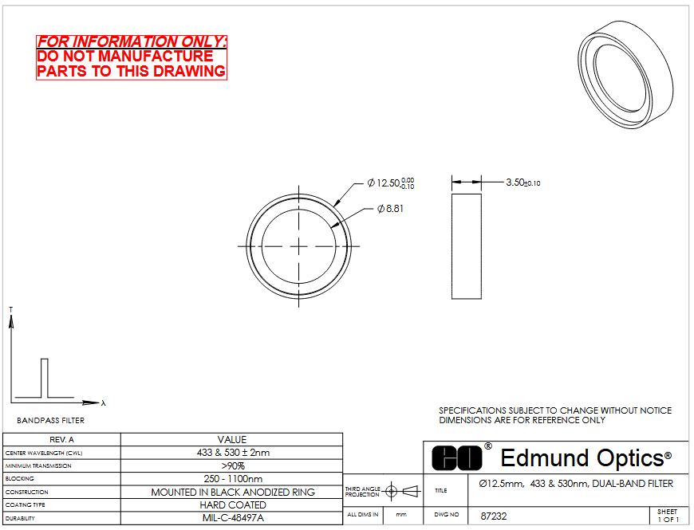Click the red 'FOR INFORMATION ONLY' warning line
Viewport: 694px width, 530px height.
point(132,41)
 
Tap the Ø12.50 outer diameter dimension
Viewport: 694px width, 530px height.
point(391,183)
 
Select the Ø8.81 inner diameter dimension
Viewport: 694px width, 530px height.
point(390,209)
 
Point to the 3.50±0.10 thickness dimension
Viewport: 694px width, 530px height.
point(523,183)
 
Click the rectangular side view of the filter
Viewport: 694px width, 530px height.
point(467,246)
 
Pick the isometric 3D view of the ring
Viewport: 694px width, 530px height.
point(625,75)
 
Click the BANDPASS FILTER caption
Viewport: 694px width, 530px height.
point(51,420)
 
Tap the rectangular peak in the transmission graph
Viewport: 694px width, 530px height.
point(44,378)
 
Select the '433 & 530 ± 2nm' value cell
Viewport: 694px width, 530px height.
point(232,453)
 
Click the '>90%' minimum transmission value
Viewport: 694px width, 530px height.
point(233,466)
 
